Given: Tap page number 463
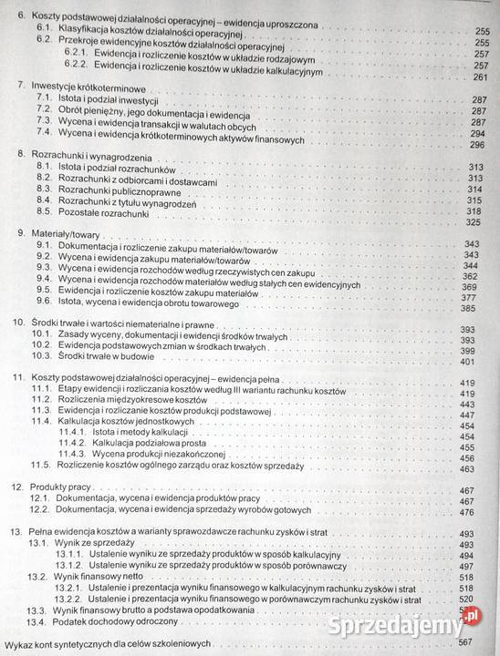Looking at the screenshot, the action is point(469,469).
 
